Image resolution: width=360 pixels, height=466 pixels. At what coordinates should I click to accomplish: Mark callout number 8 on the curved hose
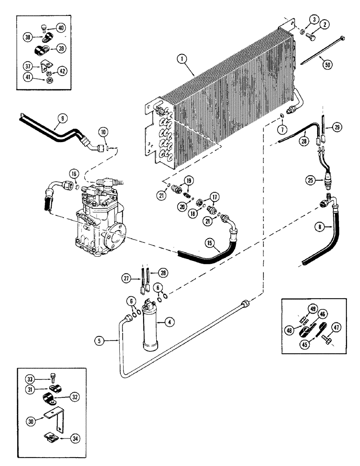click(x=319, y=226)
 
